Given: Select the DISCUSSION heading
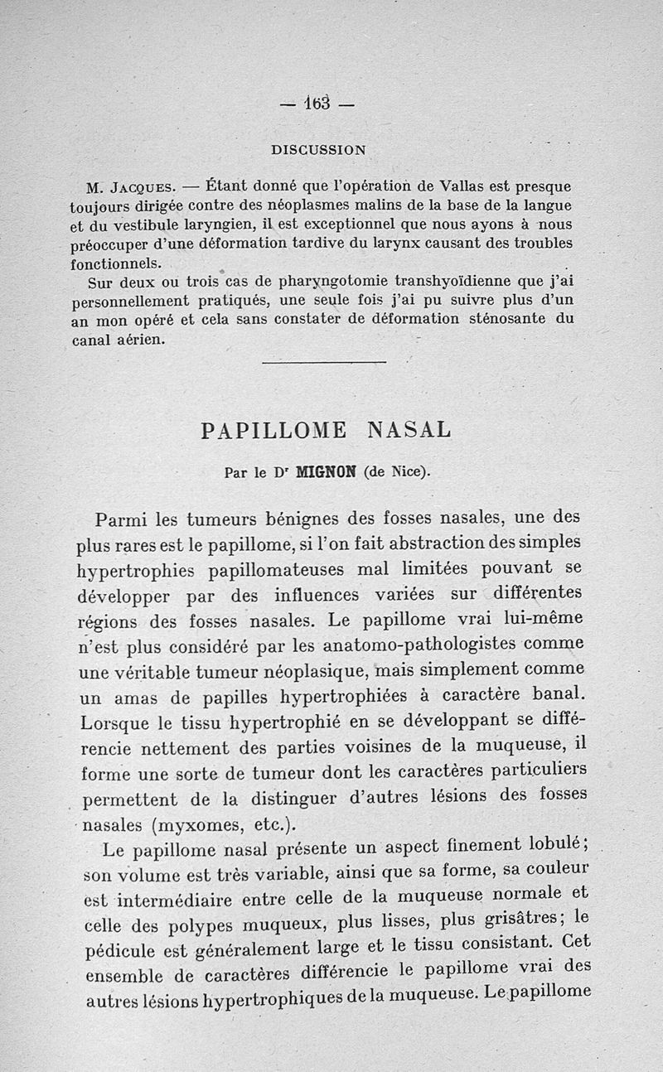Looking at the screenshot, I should click(x=318, y=150).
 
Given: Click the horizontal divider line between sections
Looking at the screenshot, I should click(x=324, y=361).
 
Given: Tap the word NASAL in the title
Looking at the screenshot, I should click(x=409, y=431).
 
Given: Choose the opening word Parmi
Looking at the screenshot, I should click(x=123, y=521).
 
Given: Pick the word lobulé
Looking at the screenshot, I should click(x=558, y=846).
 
